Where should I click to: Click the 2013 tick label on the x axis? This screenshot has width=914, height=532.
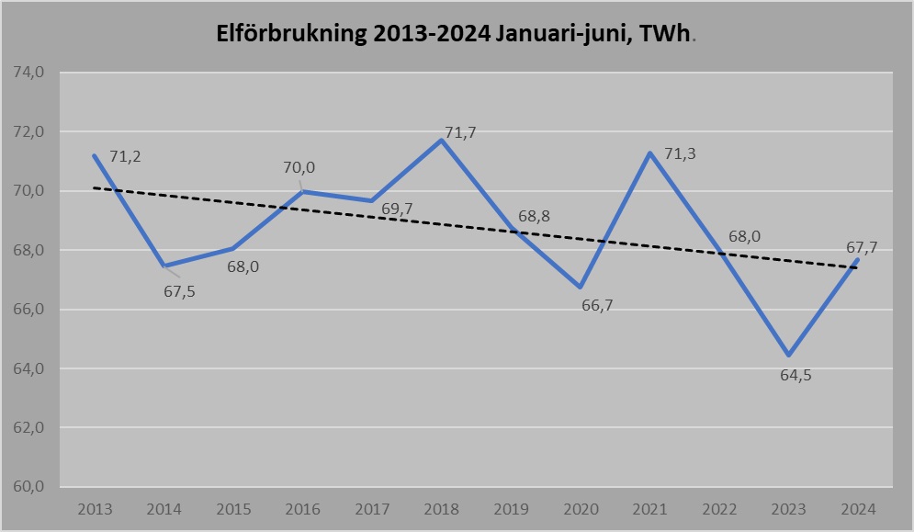pyautogui.click(x=95, y=508)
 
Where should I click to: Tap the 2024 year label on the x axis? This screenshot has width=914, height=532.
pyautogui.click(x=858, y=508)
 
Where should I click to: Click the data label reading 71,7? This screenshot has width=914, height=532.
pyautogui.click(x=460, y=134)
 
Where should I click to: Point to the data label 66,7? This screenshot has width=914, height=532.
pyautogui.click(x=597, y=305)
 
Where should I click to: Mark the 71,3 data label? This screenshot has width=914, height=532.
pyautogui.click(x=680, y=153)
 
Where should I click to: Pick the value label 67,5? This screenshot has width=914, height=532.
pyautogui.click(x=180, y=291)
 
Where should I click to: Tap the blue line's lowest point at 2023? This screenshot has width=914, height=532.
pyautogui.click(x=788, y=355)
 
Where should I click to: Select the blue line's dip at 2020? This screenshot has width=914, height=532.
pyautogui.click(x=581, y=288)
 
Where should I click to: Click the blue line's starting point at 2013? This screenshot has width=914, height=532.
pyautogui.click(x=95, y=155)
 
